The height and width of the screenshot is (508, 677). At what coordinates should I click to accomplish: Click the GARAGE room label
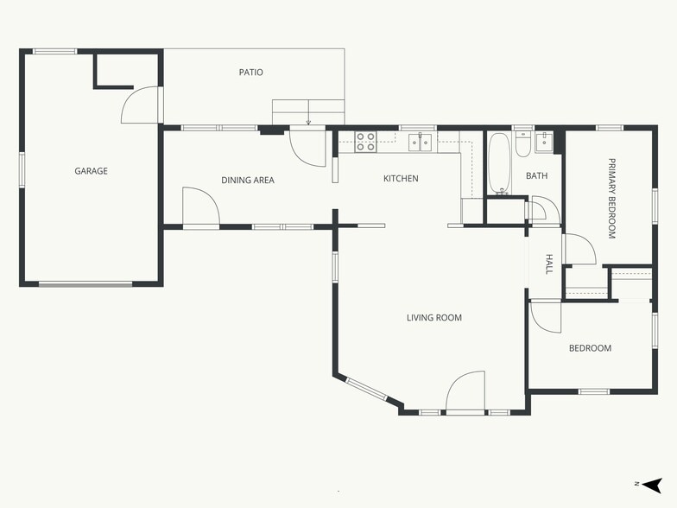92,171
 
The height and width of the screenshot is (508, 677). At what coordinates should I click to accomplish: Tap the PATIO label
250,73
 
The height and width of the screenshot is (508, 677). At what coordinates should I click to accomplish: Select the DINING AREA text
248,180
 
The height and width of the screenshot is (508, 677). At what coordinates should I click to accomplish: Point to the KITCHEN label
401,178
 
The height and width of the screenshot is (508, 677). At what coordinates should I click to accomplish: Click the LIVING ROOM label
434,318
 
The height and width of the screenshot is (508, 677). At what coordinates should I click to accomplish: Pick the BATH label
537,176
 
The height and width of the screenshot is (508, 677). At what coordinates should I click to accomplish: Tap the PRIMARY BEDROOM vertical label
611,199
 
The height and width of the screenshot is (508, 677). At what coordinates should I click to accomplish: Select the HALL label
549,264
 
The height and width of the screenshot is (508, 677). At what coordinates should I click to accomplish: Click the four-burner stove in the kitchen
366,142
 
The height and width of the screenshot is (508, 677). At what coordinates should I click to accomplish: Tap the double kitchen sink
420,142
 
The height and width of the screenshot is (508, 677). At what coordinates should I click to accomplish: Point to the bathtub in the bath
499,163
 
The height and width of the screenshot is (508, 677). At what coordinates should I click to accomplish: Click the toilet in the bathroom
523,144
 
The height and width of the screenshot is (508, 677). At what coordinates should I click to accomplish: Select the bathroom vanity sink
544,142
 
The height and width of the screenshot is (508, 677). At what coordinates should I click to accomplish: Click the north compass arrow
652,486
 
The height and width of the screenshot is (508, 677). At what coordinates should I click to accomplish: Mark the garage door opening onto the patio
139,105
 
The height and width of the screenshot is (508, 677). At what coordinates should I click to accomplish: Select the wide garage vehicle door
85,284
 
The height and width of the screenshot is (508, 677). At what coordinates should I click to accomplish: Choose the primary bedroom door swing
579,249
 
